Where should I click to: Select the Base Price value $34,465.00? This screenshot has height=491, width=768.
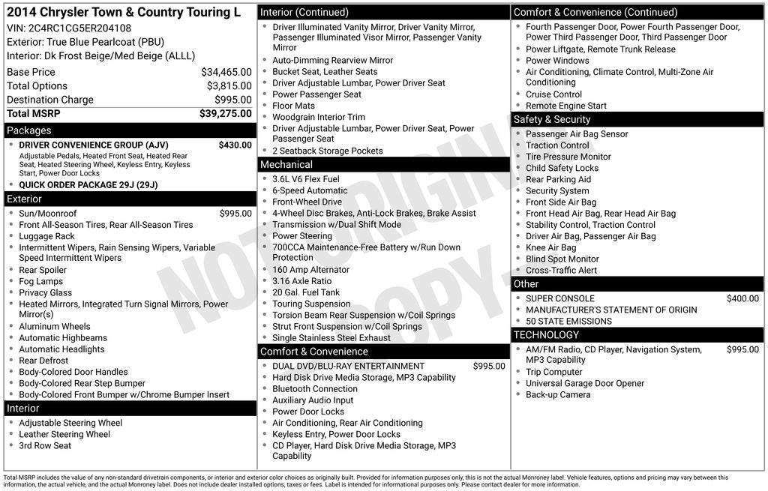(x=226, y=72)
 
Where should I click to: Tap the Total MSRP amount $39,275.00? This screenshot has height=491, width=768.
(x=225, y=113)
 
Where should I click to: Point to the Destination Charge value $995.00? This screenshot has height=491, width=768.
(x=233, y=100)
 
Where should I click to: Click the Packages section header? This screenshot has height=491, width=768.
(x=29, y=130)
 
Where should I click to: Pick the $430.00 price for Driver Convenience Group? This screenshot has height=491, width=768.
(x=235, y=145)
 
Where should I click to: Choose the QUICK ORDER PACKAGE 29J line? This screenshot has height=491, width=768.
(x=88, y=185)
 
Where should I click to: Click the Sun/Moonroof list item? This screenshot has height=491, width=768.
(x=48, y=214)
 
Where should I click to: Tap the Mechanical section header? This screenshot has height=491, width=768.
(x=286, y=165)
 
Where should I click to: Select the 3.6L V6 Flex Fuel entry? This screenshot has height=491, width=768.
(x=306, y=179)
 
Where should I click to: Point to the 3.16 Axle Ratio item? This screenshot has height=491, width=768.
(x=301, y=281)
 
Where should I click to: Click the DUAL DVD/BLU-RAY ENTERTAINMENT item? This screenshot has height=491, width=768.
(x=348, y=367)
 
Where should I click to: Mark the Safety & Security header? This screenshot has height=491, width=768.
(x=552, y=119)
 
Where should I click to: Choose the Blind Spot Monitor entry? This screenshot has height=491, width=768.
(x=562, y=259)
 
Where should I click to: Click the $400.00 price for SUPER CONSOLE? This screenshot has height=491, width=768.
(x=742, y=298)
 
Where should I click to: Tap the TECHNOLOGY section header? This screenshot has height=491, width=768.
(x=546, y=335)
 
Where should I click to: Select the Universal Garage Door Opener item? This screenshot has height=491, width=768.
(x=585, y=383)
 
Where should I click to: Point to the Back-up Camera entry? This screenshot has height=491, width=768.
(x=558, y=394)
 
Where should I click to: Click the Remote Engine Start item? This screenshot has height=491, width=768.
(x=566, y=106)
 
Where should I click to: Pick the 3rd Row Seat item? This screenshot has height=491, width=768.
(x=45, y=445)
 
